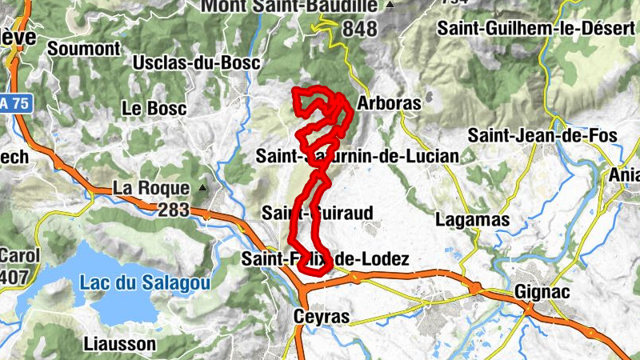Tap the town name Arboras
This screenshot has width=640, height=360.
pyautogui.click(x=390, y=104)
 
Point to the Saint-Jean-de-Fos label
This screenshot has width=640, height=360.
pyautogui.click(x=542, y=135)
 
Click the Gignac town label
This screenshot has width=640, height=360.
pyautogui.click(x=543, y=292)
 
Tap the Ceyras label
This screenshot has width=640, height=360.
pyautogui.click(x=322, y=317)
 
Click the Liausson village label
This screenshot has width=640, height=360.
pyautogui.click(x=119, y=344)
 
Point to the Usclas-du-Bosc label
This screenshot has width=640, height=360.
pyautogui.click(x=185, y=62)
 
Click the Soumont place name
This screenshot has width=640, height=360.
pyautogui.click(x=83, y=48)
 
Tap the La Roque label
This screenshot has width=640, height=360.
pyautogui.click(x=151, y=188)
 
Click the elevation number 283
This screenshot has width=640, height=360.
pyautogui.click(x=174, y=210)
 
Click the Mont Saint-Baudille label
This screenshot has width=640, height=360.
pyautogui.click(x=289, y=6)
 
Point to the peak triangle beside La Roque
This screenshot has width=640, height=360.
pyautogui.click(x=202, y=189)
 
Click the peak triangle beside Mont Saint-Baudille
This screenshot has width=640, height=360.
pyautogui.click(x=390, y=6)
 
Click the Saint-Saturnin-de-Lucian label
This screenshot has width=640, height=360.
pyautogui.click(x=358, y=156)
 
